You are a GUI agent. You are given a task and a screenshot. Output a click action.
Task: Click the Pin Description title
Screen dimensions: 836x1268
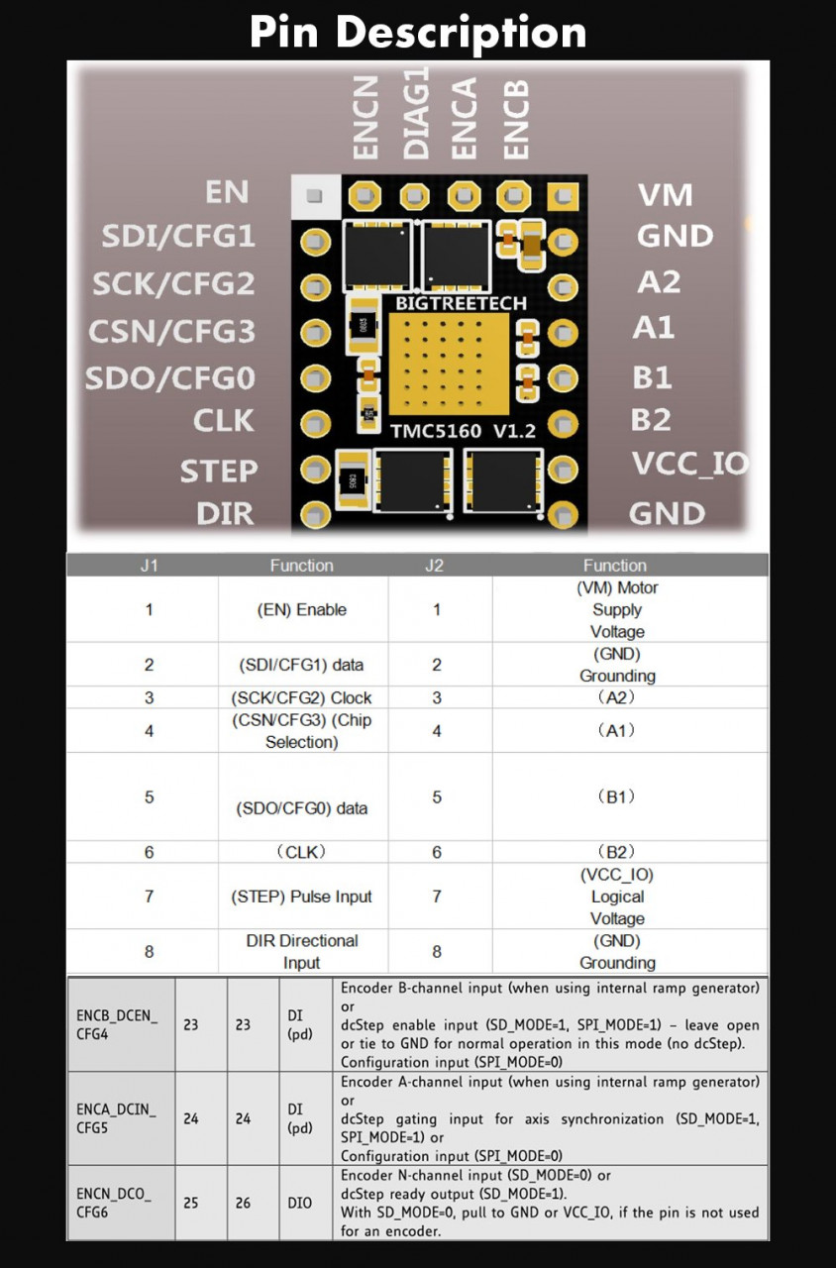pyautogui.click(x=418, y=33)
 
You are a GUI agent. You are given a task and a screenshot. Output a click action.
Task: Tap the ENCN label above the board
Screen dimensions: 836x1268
pyautogui.click(x=366, y=117)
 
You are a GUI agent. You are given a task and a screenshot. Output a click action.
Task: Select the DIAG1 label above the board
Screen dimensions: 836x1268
pyautogui.click(x=416, y=113)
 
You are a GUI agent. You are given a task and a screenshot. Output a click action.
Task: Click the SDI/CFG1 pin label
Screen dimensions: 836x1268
pyautogui.click(x=178, y=236)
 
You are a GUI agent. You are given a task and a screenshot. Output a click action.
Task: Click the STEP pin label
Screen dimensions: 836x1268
pyautogui.click(x=219, y=471)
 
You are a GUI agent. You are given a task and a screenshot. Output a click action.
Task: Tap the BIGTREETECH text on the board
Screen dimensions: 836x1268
pyautogui.click(x=461, y=303)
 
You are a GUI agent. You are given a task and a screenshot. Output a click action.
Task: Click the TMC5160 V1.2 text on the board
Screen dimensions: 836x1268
pyautogui.click(x=463, y=431)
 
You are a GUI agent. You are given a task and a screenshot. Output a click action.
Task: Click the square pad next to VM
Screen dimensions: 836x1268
pyautogui.click(x=563, y=196)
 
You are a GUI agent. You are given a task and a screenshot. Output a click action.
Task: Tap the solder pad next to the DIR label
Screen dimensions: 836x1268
pyautogui.click(x=315, y=515)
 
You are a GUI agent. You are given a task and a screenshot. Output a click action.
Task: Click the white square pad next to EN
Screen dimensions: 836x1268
pyautogui.click(x=315, y=196)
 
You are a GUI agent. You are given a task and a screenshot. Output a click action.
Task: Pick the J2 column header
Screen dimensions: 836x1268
pyautogui.click(x=434, y=566)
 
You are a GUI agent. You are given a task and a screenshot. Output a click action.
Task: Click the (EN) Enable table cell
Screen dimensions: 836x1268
pyautogui.click(x=302, y=609)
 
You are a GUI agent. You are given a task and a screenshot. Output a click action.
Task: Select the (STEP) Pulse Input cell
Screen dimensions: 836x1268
pyautogui.click(x=301, y=897)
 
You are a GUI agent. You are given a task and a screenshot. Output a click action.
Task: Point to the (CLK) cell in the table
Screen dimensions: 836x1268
pyautogui.click(x=301, y=852)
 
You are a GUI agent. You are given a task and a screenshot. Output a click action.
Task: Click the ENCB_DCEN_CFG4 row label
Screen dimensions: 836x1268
pyautogui.click(x=117, y=1024)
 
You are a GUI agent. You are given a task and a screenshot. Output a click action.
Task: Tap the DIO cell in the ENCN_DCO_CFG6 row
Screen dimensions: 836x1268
pyautogui.click(x=299, y=1203)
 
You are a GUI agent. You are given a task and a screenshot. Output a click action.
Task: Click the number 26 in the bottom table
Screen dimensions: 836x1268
pyautogui.click(x=244, y=1203)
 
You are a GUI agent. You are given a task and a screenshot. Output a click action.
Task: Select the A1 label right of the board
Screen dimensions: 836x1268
pyautogui.click(x=654, y=327)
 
